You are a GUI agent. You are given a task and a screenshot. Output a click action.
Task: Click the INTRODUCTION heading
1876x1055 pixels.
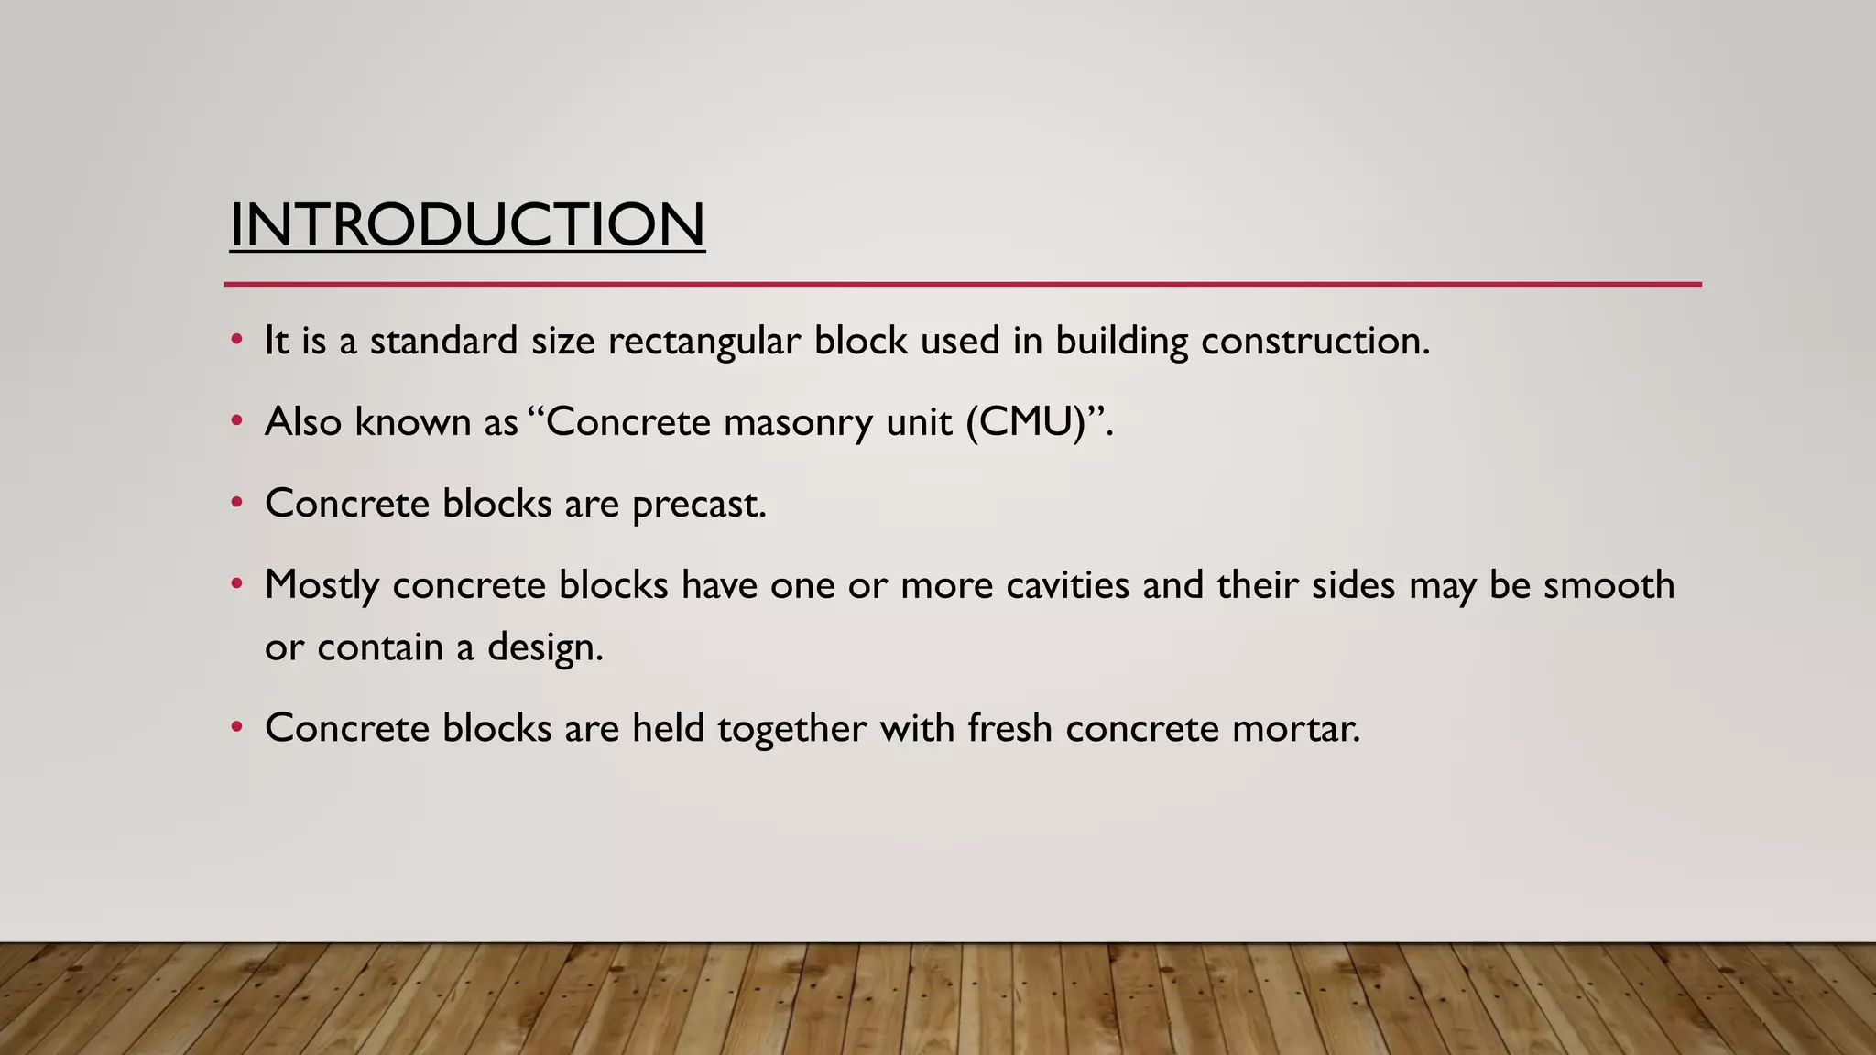click(x=467, y=225)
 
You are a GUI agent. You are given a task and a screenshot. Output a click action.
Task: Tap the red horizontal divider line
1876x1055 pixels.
click(x=962, y=285)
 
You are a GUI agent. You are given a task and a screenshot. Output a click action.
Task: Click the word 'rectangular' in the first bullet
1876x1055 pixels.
click(x=703, y=342)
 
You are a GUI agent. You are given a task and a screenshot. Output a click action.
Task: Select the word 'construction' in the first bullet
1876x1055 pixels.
click(x=1312, y=342)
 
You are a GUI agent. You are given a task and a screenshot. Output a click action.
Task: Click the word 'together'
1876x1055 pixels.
click(x=791, y=729)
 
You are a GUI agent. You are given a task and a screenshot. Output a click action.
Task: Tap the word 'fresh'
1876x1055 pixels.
click(x=1009, y=729)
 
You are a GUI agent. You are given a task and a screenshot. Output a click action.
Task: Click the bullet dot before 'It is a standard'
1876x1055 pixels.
click(x=237, y=341)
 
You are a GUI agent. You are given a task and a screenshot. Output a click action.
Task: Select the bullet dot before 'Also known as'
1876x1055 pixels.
click(x=237, y=421)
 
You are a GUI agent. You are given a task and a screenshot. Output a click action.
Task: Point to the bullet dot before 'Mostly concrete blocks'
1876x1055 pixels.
click(x=237, y=583)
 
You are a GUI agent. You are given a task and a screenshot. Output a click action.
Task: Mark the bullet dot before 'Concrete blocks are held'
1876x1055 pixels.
click(x=237, y=728)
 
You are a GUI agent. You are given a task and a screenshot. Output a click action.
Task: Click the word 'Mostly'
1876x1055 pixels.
click(x=322, y=585)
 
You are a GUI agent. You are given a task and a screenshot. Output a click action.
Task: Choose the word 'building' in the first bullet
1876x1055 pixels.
click(x=1121, y=342)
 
